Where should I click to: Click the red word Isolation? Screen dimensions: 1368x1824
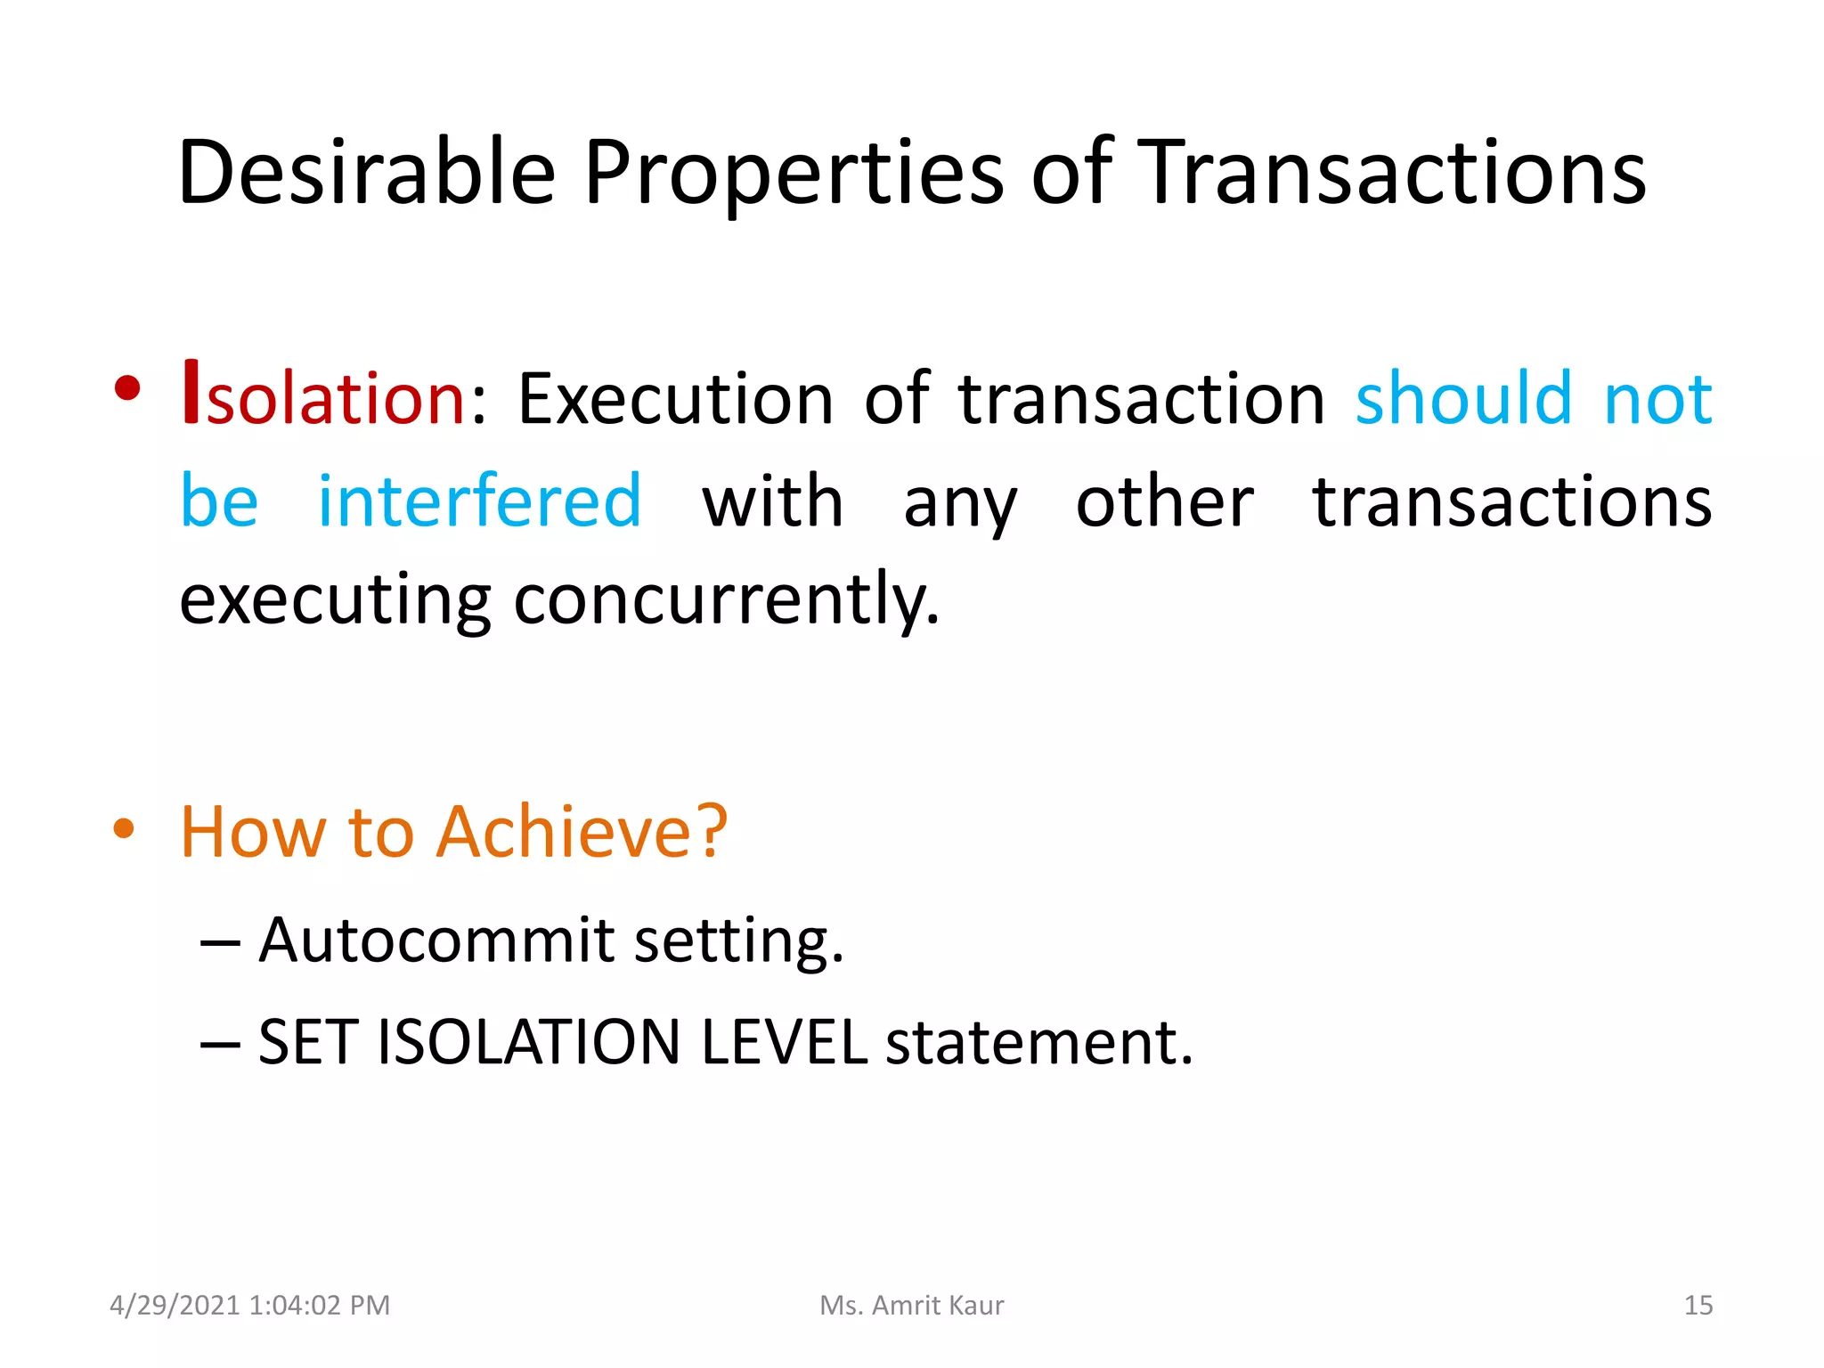tap(324, 396)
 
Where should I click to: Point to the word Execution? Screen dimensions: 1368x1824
tap(675, 398)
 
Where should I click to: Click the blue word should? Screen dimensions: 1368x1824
tap(1463, 398)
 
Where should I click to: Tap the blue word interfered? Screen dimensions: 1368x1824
tap(479, 501)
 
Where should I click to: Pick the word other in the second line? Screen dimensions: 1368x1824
tap(1164, 501)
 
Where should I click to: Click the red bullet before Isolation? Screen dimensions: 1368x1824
tap(127, 388)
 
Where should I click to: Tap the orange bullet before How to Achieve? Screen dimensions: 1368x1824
tap(124, 829)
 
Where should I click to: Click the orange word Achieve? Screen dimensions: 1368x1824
tap(582, 831)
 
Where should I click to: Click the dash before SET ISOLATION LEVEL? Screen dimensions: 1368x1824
tap(220, 1043)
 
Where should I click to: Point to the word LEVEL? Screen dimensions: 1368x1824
tap(783, 1042)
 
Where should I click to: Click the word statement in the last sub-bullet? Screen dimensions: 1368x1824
tap(1038, 1042)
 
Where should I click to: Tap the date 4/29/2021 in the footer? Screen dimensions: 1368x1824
tap(175, 1305)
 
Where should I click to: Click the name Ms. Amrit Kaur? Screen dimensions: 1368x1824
tap(911, 1305)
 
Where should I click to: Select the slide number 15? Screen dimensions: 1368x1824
tap(1698, 1305)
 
